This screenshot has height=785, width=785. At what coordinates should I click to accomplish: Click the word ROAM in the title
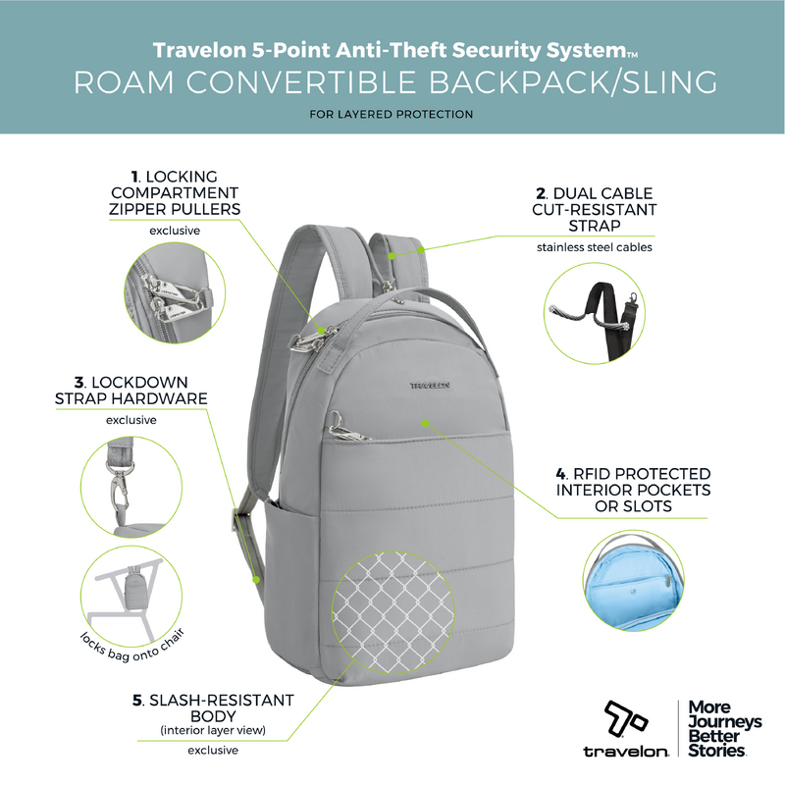(x=125, y=82)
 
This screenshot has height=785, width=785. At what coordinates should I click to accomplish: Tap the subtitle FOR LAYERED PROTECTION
(x=391, y=114)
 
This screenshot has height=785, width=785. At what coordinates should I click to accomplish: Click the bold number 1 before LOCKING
(x=134, y=177)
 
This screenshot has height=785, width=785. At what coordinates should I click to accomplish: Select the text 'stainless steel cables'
(x=595, y=247)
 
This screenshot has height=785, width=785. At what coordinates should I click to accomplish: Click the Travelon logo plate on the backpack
(x=430, y=386)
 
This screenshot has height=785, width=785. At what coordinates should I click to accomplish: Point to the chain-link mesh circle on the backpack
(x=393, y=611)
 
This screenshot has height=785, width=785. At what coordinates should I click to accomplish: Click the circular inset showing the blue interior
(x=633, y=581)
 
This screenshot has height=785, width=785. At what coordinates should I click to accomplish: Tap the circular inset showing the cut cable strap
(x=595, y=313)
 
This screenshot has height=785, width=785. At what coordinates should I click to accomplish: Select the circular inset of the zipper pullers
(x=175, y=292)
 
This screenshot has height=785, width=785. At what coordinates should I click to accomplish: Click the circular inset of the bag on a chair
(x=131, y=597)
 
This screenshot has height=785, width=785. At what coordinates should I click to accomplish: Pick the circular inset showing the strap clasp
(x=131, y=487)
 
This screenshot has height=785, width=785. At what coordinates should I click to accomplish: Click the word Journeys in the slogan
(x=725, y=722)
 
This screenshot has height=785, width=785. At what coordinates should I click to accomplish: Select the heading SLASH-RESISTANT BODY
(x=213, y=707)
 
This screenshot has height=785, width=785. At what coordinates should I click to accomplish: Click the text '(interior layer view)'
(x=213, y=730)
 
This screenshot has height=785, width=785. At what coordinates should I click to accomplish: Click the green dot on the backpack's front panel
(x=425, y=423)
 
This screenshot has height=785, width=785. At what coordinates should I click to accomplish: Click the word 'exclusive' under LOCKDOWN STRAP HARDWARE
(x=131, y=420)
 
